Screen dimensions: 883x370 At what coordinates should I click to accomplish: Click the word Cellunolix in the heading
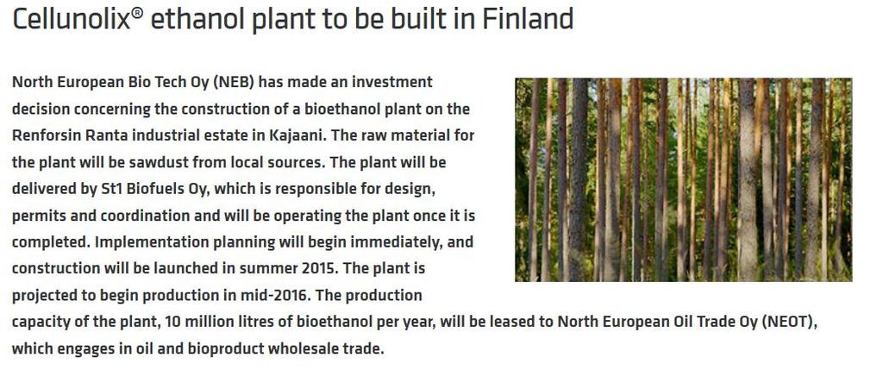point(72,19)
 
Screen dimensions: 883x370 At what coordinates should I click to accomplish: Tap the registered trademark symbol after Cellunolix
point(137,13)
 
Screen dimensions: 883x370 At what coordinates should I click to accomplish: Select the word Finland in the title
point(528,19)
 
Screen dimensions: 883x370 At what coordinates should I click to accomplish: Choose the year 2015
point(318,269)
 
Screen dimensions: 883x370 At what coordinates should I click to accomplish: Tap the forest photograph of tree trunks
point(683,179)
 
